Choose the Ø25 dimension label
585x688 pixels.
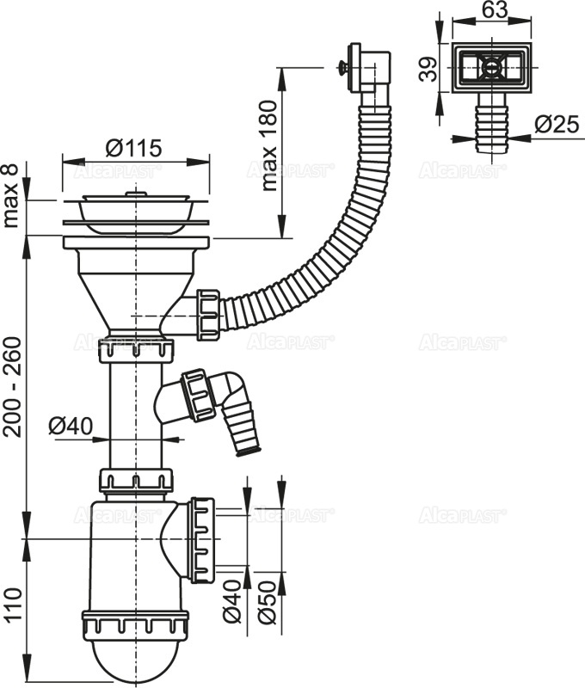click(x=554, y=124)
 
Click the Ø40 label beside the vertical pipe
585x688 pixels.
click(x=69, y=425)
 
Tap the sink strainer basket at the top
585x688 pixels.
click(x=135, y=210)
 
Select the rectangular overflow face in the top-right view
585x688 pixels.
click(x=488, y=68)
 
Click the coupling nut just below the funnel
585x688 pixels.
click(x=136, y=350)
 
